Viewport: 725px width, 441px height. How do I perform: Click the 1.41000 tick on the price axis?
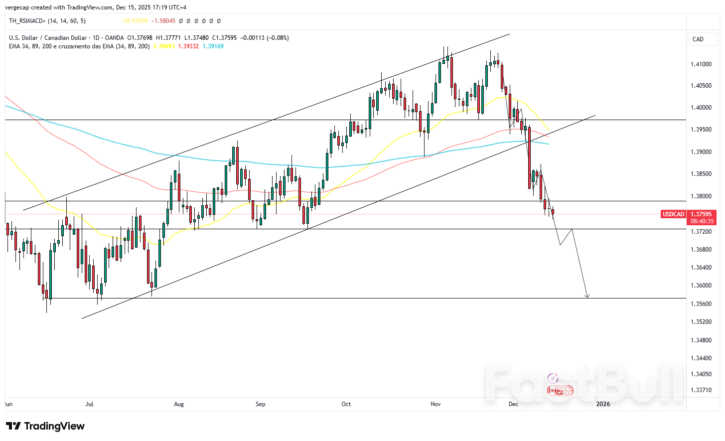[701, 64]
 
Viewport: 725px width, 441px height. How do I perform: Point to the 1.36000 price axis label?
[701, 286]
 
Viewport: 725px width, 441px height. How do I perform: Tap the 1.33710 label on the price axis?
[701, 390]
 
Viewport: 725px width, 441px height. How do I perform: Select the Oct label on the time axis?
[346, 404]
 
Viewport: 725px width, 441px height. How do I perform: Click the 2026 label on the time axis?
[603, 404]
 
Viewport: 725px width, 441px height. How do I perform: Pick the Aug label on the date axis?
[179, 404]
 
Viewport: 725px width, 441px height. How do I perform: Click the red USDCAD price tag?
[673, 214]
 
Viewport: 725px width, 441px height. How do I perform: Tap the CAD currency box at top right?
[698, 39]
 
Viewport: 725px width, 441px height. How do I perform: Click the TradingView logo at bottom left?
[45, 426]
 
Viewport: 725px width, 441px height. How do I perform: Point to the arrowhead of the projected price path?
[587, 296]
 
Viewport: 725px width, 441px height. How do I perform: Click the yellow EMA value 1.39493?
[164, 46]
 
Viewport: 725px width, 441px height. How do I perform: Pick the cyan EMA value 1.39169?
[213, 46]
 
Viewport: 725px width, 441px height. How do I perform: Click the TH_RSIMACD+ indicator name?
[27, 21]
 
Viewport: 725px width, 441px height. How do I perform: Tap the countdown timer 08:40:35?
[702, 221]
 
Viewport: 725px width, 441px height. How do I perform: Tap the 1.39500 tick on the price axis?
[701, 130]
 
